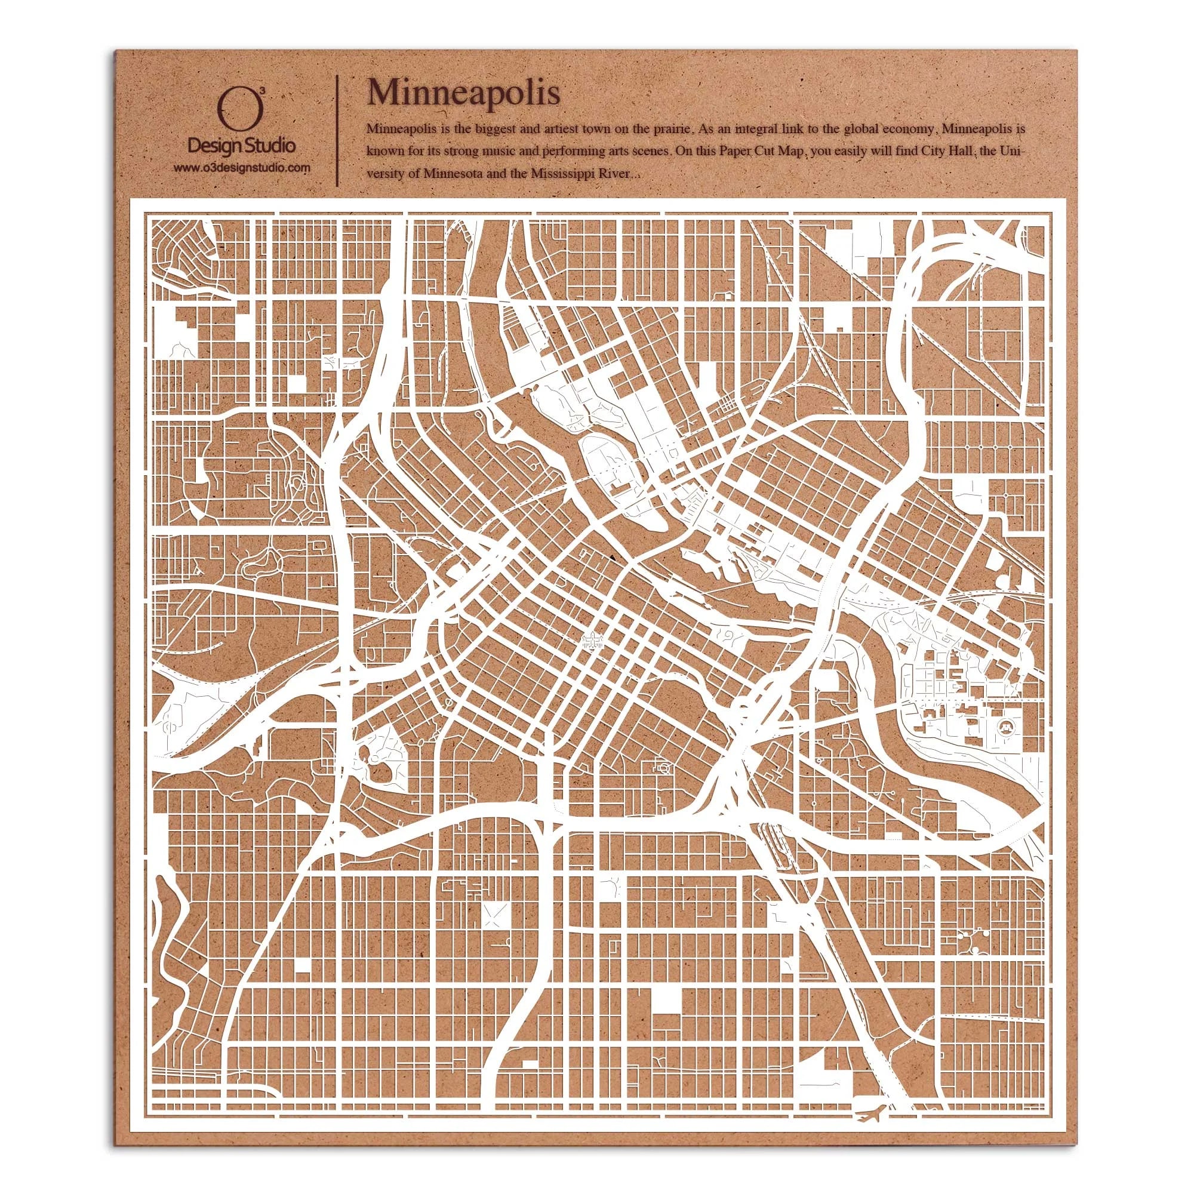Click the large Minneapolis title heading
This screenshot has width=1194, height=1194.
pyautogui.click(x=464, y=93)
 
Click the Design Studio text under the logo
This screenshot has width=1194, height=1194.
pyautogui.click(x=241, y=146)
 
